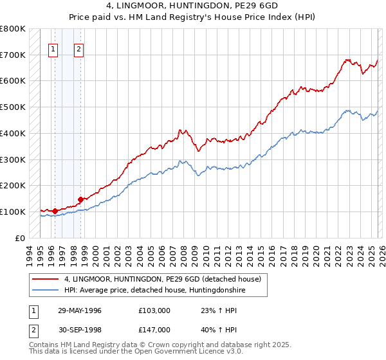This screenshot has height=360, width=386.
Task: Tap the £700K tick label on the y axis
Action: pyautogui.click(x=13, y=55)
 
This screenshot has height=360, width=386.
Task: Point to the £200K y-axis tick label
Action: pyautogui.click(x=13, y=185)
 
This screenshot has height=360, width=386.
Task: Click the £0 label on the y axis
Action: pyautogui.click(x=21, y=238)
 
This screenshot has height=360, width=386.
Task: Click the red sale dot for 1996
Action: pyautogui.click(x=55, y=210)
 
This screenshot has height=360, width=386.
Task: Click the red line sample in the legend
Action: pyautogui.click(x=46, y=280)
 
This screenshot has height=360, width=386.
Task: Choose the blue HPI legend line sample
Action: pyautogui.click(x=46, y=291)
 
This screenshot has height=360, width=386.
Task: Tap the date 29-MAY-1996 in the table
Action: pyautogui.click(x=80, y=310)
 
